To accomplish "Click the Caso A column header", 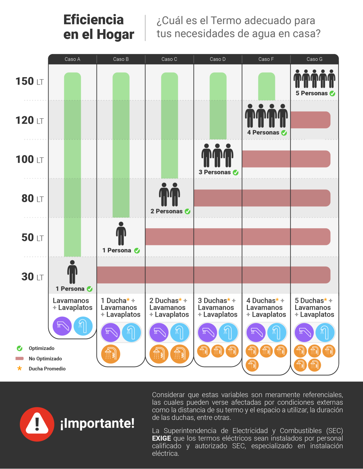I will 72,59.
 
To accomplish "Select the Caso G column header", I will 314,59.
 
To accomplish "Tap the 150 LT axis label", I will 29,81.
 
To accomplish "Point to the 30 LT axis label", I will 32,277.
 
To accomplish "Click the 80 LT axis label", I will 32,199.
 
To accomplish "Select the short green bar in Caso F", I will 266,86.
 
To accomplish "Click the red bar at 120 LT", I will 310,120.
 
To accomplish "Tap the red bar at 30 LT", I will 213,275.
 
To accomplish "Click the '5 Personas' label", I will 312,93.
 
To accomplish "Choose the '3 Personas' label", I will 214,172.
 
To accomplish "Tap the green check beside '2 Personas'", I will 188,211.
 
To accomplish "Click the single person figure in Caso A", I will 72,272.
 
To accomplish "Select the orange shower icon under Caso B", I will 111,354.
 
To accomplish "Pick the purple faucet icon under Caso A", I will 62,326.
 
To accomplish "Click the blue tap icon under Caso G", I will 325,332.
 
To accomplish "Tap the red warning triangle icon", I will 37,424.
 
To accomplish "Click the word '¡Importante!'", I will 97,423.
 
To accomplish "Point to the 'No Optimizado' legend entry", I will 45,359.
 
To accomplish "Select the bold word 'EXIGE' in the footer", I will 161,438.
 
